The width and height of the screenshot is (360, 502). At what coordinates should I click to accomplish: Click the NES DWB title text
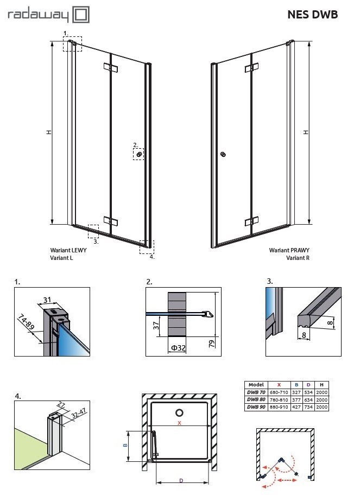tap(312, 15)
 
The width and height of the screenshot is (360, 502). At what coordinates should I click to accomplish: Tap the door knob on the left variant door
tap(140, 155)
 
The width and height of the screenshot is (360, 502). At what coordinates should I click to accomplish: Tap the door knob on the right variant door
tap(223, 155)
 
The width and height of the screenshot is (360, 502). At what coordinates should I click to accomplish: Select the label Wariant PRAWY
tap(289, 251)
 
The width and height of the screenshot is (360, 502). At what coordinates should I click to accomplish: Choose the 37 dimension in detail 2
tap(156, 326)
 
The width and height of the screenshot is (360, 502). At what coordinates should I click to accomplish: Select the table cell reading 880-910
tap(279, 406)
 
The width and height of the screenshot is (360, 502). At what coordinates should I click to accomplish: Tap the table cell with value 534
tap(308, 392)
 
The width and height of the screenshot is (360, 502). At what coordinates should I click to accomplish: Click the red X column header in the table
tap(279, 384)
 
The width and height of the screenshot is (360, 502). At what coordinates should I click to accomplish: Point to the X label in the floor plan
tap(179, 421)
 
